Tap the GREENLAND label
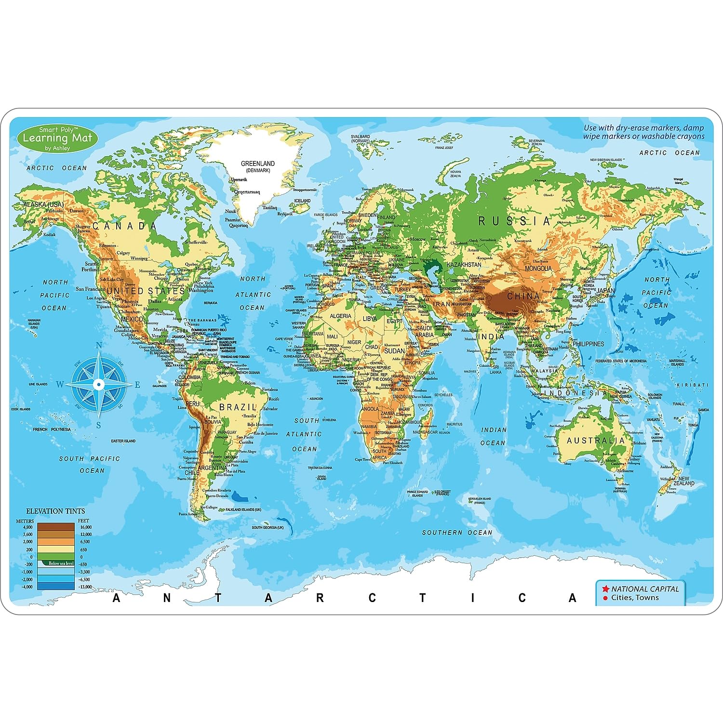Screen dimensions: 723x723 tap(258, 164)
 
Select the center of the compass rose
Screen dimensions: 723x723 tap(98, 384)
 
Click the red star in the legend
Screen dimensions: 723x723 tap(604, 589)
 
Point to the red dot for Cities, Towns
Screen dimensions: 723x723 tap(605, 598)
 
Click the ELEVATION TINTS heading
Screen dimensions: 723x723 tap(55, 511)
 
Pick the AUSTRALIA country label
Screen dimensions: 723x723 tap(596, 441)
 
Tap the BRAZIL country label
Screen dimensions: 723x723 tap(238, 407)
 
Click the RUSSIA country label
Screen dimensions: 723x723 tap(514, 221)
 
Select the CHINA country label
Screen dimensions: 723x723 tap(523, 296)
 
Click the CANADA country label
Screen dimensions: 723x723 tap(124, 226)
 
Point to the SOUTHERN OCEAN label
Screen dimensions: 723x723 tap(457, 533)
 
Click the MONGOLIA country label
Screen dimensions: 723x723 tap(538, 268)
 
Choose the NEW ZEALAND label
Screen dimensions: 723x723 tap(684, 481)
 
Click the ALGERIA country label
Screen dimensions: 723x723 tap(340, 316)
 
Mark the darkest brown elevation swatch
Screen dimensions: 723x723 tap(56, 527)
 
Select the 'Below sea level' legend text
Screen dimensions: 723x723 tap(61, 563)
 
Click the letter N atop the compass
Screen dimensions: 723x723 tap(99, 345)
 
